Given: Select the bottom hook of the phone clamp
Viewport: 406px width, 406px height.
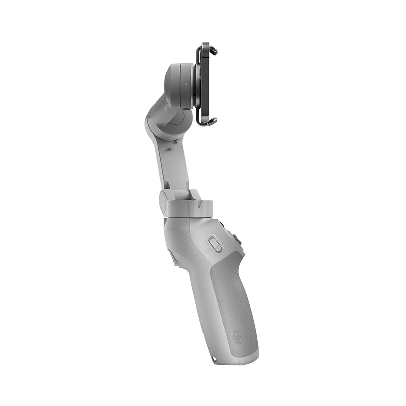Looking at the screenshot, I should point(211,121).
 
